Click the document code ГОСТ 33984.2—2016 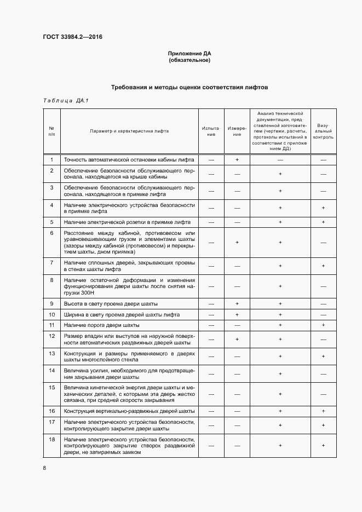click(x=72, y=38)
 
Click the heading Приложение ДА click(x=189, y=54)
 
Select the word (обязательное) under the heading click(x=189, y=60)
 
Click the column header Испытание click(x=211, y=131)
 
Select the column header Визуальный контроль click(x=323, y=131)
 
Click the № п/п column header click(x=51, y=131)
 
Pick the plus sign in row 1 click(x=238, y=159)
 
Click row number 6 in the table click(x=51, y=233)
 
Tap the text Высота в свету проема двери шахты click(x=111, y=303)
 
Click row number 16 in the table click(x=51, y=411)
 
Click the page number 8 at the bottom click(x=45, y=468)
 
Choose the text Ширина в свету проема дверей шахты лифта click(x=122, y=315)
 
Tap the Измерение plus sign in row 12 click(x=238, y=339)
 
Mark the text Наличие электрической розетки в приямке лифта click(x=127, y=222)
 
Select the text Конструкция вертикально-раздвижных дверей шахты click(x=129, y=411)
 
